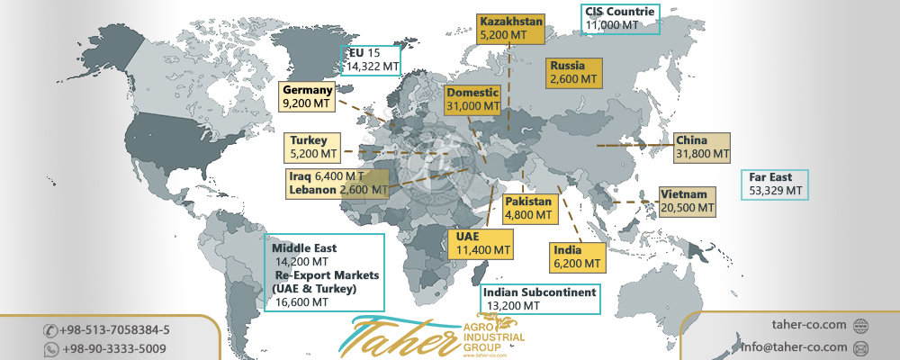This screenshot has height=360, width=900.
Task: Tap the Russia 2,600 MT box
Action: click(x=573, y=72)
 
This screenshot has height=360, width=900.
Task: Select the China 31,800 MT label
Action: click(x=702, y=148)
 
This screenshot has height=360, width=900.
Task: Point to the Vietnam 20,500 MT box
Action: click(x=688, y=201)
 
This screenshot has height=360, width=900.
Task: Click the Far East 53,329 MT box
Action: click(x=775, y=184)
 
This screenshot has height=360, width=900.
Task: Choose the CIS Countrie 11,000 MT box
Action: click(x=620, y=19)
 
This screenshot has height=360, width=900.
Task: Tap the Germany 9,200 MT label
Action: click(x=308, y=97)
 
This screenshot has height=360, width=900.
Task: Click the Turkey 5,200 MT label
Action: click(x=313, y=148)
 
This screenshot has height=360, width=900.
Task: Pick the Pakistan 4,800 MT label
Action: click(x=527, y=208)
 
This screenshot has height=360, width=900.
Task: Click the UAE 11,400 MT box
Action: click(x=479, y=242)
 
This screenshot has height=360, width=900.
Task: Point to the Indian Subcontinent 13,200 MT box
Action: click(x=540, y=299)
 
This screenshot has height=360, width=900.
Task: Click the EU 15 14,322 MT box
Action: click(x=372, y=59)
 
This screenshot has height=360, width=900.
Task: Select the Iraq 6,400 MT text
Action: click(x=326, y=176)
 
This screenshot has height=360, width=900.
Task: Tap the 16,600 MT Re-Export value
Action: click(x=301, y=302)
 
